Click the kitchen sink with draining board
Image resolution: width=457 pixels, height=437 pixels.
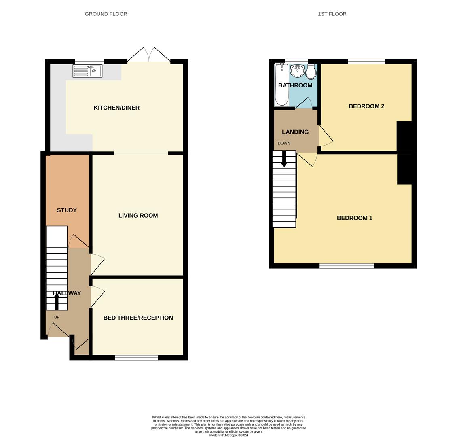click(87, 71)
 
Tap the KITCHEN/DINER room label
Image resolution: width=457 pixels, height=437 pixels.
click(116, 108)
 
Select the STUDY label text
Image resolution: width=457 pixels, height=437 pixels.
click(67, 210)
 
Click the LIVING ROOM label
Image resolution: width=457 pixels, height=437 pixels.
click(138, 215)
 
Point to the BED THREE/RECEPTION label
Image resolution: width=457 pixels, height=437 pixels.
click(138, 318)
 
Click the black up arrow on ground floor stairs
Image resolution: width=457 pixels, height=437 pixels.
click(57, 301)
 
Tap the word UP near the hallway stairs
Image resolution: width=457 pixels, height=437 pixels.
click(57, 317)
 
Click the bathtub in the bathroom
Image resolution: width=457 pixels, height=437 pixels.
click(281, 85)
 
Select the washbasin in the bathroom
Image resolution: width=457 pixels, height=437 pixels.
click(298, 70)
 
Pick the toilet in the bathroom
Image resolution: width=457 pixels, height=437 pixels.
click(311, 72)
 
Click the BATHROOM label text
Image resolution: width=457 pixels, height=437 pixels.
click(295, 85)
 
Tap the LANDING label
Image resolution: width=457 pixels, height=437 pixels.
click(295, 132)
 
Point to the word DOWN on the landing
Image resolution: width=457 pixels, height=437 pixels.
click(284, 143)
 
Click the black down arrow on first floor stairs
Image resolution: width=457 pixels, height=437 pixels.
click(284, 159)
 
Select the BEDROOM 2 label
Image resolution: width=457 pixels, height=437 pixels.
click(366, 106)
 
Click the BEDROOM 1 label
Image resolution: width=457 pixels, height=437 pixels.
click(355, 218)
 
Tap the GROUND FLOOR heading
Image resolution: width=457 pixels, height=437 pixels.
click(106, 14)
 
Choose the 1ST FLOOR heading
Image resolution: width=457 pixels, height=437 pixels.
click(332, 14)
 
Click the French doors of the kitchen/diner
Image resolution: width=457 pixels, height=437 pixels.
click(149, 55)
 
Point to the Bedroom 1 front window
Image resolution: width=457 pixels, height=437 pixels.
click(347, 266)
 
